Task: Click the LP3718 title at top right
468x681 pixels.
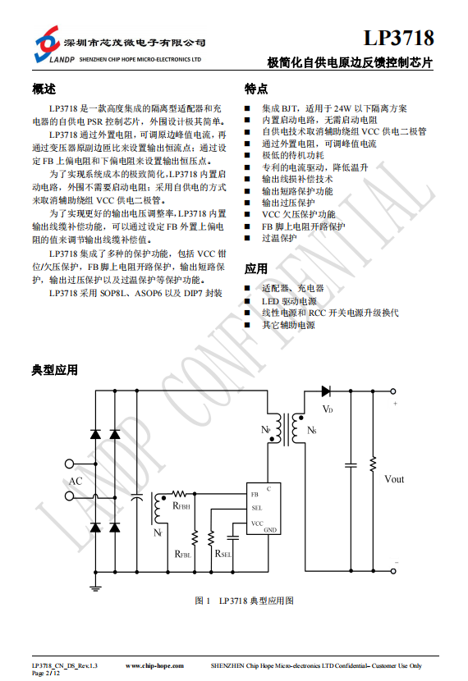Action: click(x=398, y=39)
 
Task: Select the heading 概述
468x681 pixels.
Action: click(x=44, y=89)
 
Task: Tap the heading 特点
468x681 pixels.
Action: click(x=256, y=89)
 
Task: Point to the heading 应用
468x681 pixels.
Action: click(x=256, y=269)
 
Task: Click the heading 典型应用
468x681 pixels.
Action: click(x=55, y=370)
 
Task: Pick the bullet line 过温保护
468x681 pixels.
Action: click(x=279, y=238)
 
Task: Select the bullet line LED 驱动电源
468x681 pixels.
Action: click(x=289, y=301)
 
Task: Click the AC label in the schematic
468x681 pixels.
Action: click(x=76, y=482)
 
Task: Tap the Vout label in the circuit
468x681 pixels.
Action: click(x=394, y=479)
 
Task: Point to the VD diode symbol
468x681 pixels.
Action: click(x=326, y=391)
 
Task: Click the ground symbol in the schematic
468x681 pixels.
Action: click(x=95, y=588)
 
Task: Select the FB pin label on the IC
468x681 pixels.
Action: click(x=255, y=494)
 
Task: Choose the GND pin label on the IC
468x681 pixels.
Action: click(x=270, y=530)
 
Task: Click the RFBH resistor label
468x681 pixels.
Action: click(x=181, y=506)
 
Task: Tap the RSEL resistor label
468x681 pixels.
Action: click(x=223, y=554)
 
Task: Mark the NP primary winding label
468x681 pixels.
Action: click(x=265, y=430)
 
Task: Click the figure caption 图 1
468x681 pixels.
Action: click(x=203, y=601)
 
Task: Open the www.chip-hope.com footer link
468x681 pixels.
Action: click(x=154, y=665)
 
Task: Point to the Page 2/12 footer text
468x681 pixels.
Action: click(x=46, y=673)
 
